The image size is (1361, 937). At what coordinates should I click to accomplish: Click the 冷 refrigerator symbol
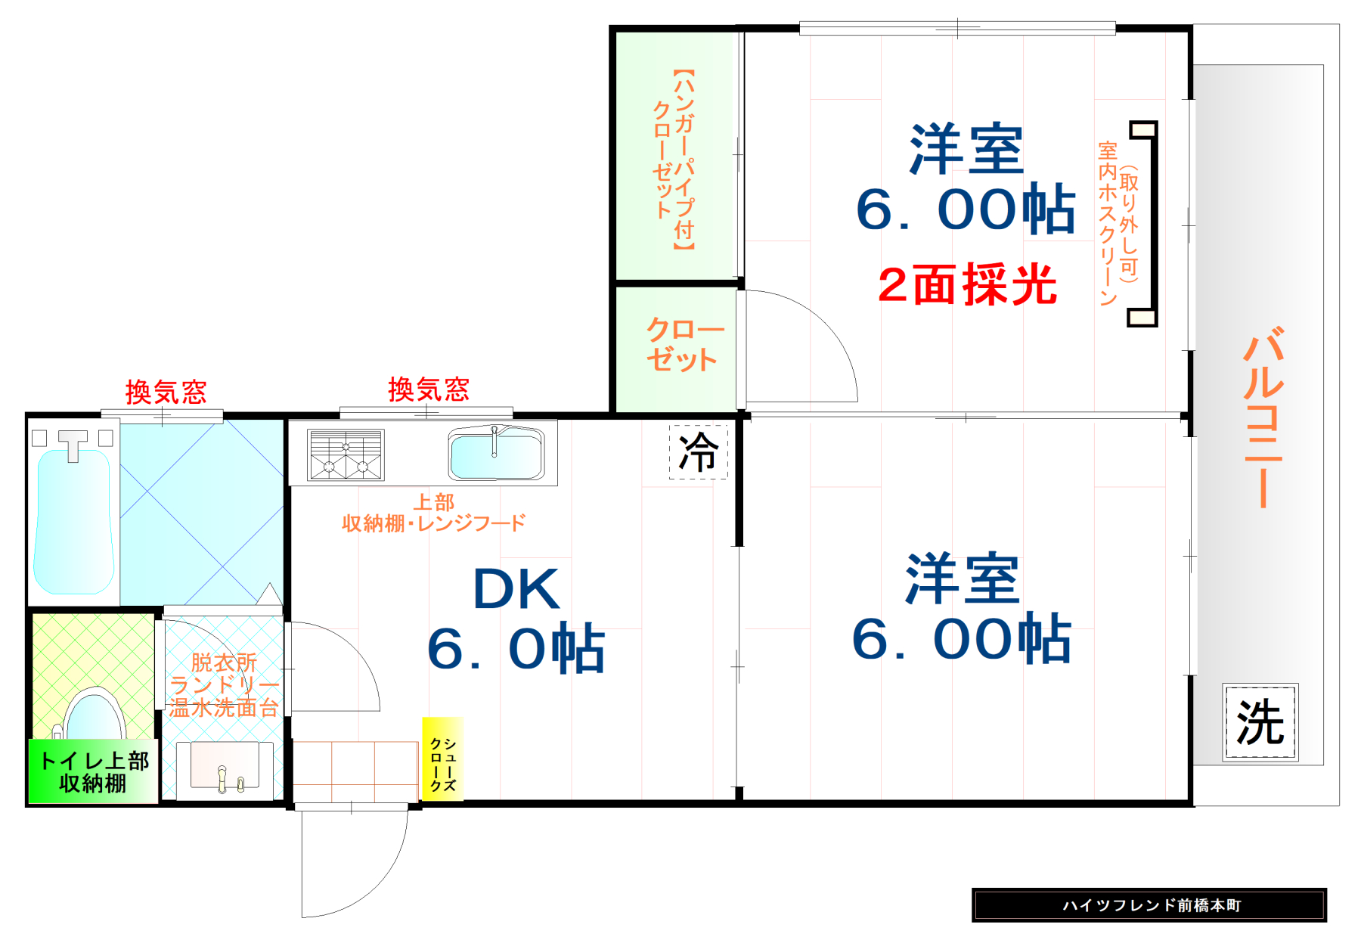coord(698,452)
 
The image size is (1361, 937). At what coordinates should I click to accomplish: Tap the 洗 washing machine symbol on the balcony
coord(1260,722)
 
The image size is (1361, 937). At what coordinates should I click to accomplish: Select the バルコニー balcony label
coord(1263,416)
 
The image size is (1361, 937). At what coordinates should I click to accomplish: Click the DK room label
coord(516,589)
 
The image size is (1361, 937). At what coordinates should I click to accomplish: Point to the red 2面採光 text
coord(967,286)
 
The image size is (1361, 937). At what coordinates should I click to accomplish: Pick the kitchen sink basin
coord(496,455)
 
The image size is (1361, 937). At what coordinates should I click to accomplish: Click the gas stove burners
coord(346,455)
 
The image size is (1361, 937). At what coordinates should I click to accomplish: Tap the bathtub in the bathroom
coord(73,522)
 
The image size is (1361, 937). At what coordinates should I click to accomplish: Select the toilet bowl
coord(94,715)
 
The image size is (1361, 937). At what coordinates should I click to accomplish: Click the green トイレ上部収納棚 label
coord(93,771)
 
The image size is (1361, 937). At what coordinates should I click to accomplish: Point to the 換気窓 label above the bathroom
coord(166,392)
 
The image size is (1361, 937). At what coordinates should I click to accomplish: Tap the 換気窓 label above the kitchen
coord(429,389)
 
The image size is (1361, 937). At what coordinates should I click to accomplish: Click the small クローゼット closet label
coord(683,345)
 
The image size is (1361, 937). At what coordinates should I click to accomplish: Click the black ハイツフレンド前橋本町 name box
coord(1149,905)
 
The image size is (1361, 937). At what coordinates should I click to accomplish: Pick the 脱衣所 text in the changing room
coord(224,662)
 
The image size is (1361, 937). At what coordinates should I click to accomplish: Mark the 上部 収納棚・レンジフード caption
coord(433,513)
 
